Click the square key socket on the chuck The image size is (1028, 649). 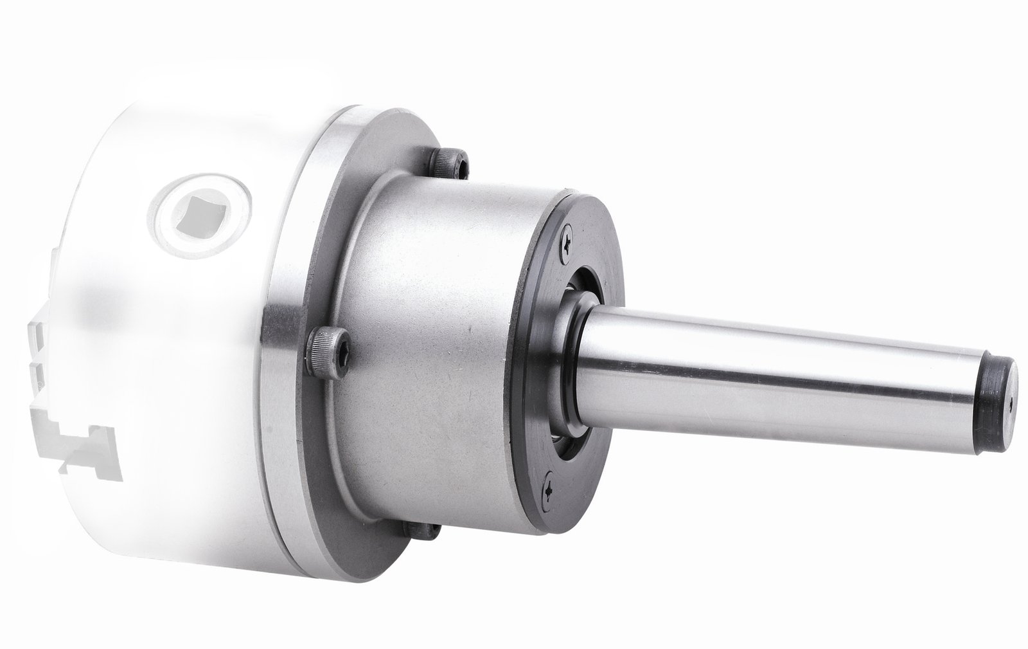click(x=204, y=216)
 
